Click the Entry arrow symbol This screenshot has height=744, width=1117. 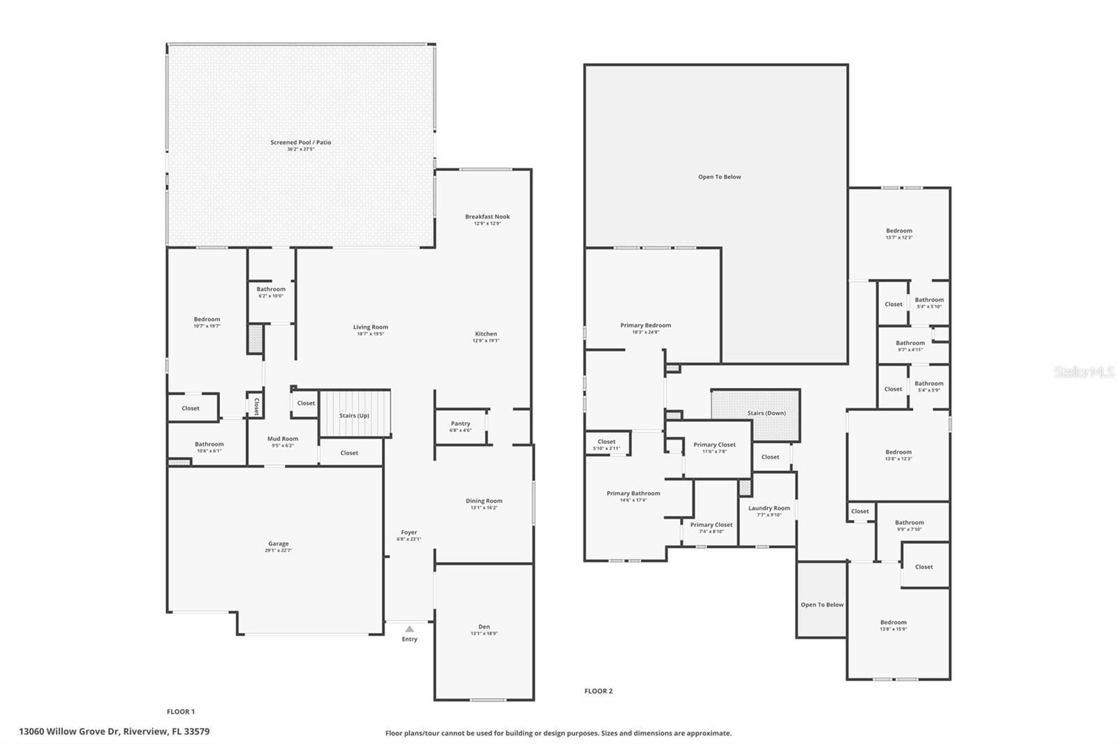tap(410, 629)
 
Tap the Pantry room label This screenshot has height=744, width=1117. tap(460, 424)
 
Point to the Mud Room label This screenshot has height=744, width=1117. tap(283, 439)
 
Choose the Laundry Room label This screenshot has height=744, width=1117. tap(769, 508)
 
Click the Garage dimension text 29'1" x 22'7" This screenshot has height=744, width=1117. tap(278, 551)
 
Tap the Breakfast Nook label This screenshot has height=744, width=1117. tap(487, 216)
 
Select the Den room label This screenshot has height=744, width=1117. tap(484, 627)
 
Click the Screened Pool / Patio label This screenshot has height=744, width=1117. tap(301, 142)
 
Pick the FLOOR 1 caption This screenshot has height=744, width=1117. tap(180, 712)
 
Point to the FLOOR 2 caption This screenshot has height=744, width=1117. tap(598, 691)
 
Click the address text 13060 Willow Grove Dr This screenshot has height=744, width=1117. tap(70, 731)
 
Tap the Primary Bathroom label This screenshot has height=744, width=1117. tap(633, 493)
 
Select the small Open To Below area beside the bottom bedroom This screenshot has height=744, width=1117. tap(822, 604)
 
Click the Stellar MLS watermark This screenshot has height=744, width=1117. tap(1084, 373)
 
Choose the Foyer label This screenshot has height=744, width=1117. tap(409, 533)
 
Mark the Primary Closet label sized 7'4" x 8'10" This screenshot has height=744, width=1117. tap(711, 525)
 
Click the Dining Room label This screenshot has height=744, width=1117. tap(484, 500)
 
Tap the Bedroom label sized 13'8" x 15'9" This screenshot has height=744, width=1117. tap(893, 623)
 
